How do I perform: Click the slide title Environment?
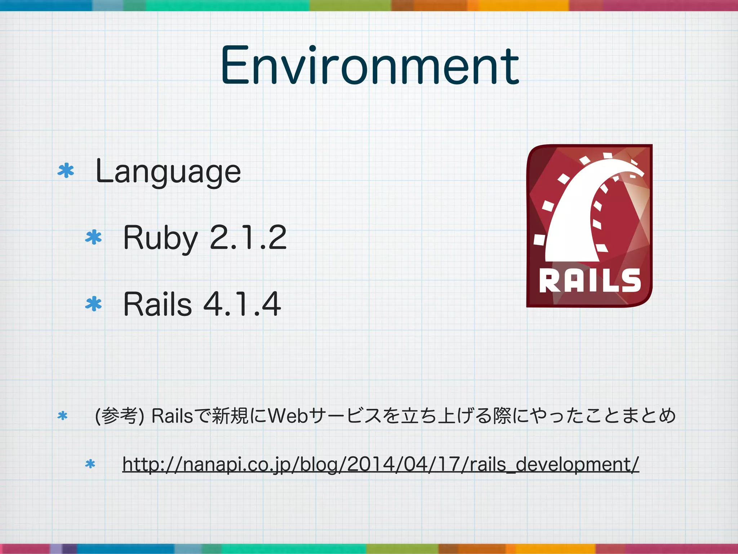(x=369, y=66)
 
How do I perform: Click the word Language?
(x=168, y=172)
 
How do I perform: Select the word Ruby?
(x=160, y=238)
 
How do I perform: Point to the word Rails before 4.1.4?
(x=157, y=304)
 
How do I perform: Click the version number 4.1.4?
(x=242, y=304)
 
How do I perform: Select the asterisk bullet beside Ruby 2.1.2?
(x=94, y=237)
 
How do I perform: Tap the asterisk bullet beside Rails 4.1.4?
(x=94, y=304)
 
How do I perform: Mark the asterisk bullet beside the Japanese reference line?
(x=62, y=416)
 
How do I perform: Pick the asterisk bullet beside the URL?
(x=90, y=464)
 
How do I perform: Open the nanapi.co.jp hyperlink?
(x=381, y=464)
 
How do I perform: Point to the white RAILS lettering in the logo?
(x=590, y=281)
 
